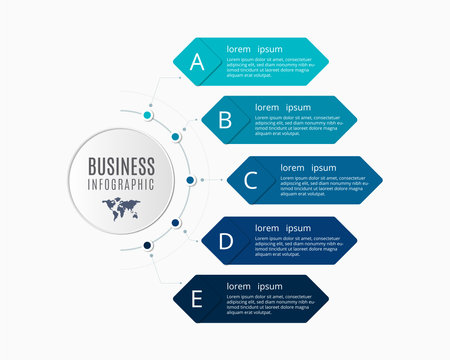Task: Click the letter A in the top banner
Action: (x=197, y=62)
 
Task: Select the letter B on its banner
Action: (x=225, y=120)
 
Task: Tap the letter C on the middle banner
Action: (x=251, y=180)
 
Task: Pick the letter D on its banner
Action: (x=226, y=240)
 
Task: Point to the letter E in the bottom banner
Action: (x=198, y=299)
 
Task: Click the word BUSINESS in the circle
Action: (x=121, y=165)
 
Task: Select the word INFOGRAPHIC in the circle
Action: (x=121, y=183)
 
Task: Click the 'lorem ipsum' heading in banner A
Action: (x=254, y=48)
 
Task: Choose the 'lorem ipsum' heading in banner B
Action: (x=282, y=107)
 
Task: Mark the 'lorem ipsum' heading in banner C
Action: (x=308, y=167)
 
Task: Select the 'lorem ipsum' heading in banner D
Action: (x=282, y=227)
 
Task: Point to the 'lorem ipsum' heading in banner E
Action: (x=254, y=287)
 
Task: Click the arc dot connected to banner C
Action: (x=190, y=180)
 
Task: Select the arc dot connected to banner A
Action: (x=148, y=115)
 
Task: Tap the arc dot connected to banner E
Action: (x=148, y=245)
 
